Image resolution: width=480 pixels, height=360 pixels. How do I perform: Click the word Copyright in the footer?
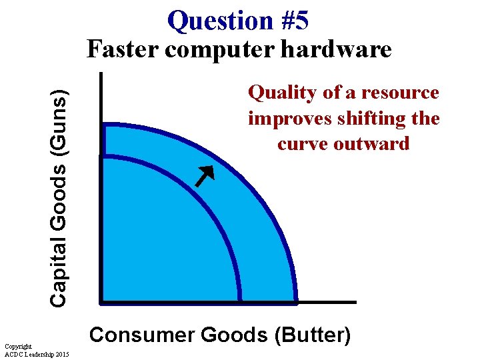point(17,347)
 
